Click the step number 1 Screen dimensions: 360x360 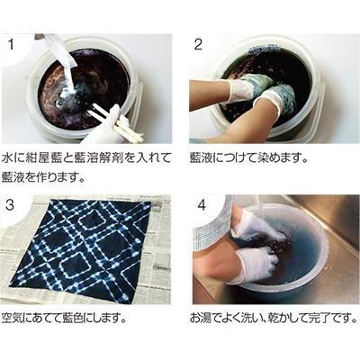pos(11,45)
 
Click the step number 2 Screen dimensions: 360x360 pos(198,45)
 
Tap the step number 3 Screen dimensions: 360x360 pos(10,204)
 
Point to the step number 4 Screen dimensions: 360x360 pos(202,205)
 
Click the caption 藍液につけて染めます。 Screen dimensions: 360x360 pos(249,158)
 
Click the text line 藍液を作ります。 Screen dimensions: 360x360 pos(42,176)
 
